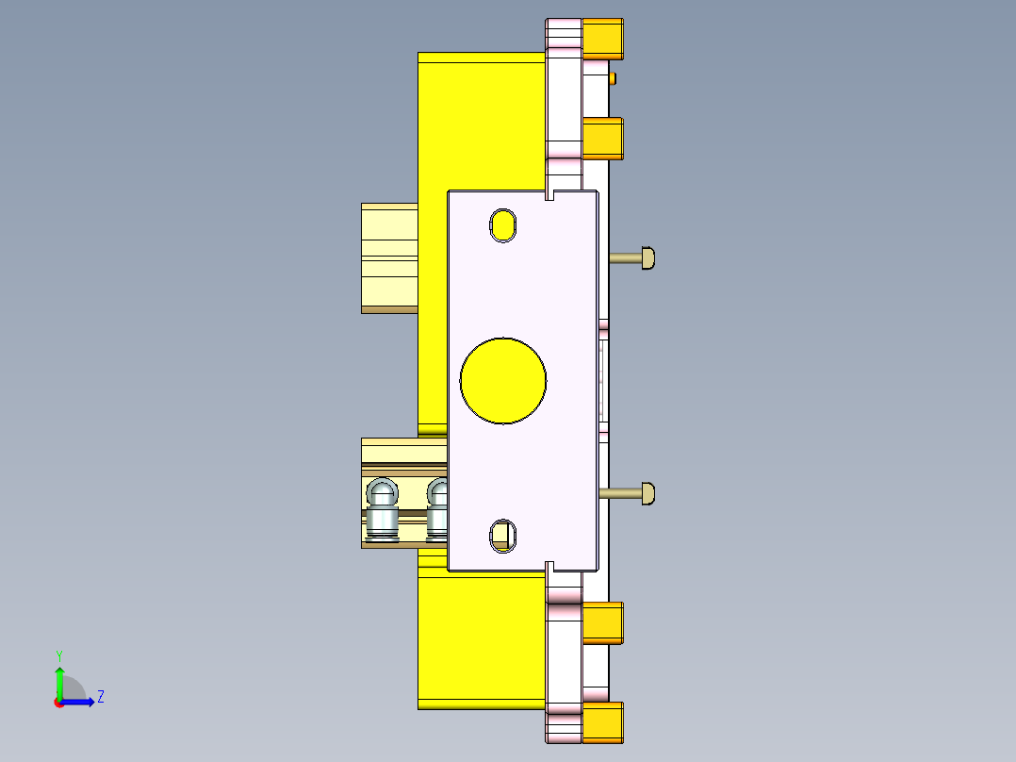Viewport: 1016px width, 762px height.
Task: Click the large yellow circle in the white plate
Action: point(503,380)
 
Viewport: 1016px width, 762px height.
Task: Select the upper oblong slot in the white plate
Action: point(503,225)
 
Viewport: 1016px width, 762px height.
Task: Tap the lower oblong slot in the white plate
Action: point(503,536)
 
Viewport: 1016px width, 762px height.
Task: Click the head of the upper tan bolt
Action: point(647,257)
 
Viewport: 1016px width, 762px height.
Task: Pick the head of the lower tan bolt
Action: point(647,492)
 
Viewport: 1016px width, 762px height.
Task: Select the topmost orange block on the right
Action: point(602,39)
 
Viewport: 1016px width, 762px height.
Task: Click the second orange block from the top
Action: point(602,139)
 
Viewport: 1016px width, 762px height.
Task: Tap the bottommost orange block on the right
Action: point(602,722)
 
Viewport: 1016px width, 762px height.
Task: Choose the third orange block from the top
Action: point(602,622)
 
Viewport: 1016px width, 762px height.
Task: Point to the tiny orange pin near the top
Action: point(614,77)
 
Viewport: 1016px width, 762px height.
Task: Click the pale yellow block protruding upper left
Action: point(389,257)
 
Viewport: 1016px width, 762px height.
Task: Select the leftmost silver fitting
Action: point(382,510)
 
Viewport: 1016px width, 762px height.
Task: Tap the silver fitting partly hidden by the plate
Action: point(438,510)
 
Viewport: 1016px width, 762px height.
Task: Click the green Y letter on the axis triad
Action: point(58,654)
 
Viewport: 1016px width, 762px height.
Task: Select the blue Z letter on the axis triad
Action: point(100,697)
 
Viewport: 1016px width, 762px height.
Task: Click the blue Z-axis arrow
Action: point(81,702)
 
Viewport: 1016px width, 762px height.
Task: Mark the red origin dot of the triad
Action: point(59,702)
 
